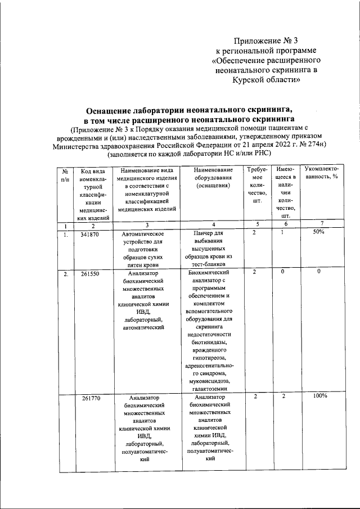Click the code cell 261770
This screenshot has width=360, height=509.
tap(91, 397)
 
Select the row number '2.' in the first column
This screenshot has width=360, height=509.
tap(66, 274)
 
